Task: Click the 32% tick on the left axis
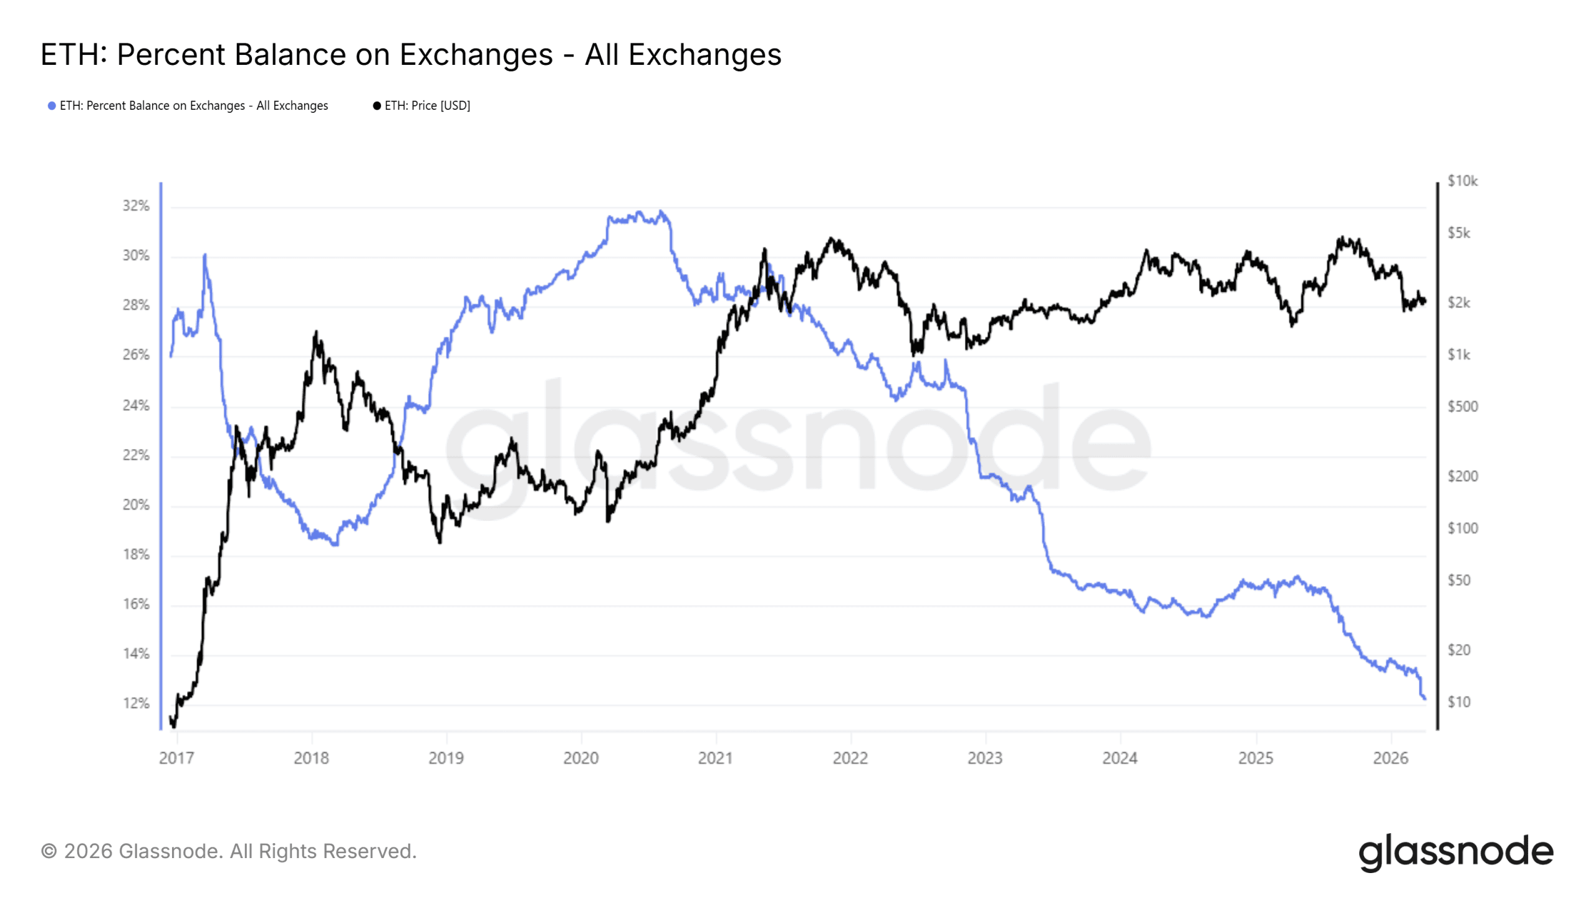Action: tap(136, 206)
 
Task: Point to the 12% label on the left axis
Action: tap(136, 703)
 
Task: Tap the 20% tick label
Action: tap(136, 505)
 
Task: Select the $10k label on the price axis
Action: tap(1462, 181)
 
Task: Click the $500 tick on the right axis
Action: tap(1462, 407)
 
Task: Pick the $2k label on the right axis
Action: tap(1459, 302)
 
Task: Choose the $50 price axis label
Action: tap(1459, 580)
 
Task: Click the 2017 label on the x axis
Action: tap(176, 758)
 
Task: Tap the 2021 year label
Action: tap(715, 758)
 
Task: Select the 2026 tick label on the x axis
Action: tap(1390, 758)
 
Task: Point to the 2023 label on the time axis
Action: tap(985, 758)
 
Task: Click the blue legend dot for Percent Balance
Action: tap(52, 106)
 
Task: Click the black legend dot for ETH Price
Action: tap(377, 106)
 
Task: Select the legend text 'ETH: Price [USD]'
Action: tap(427, 106)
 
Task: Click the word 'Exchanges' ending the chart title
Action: tap(704, 54)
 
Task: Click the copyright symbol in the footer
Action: tap(49, 851)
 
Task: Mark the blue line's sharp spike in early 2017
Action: tap(204, 255)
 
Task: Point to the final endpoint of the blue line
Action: tap(1425, 698)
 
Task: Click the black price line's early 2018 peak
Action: tap(316, 332)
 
